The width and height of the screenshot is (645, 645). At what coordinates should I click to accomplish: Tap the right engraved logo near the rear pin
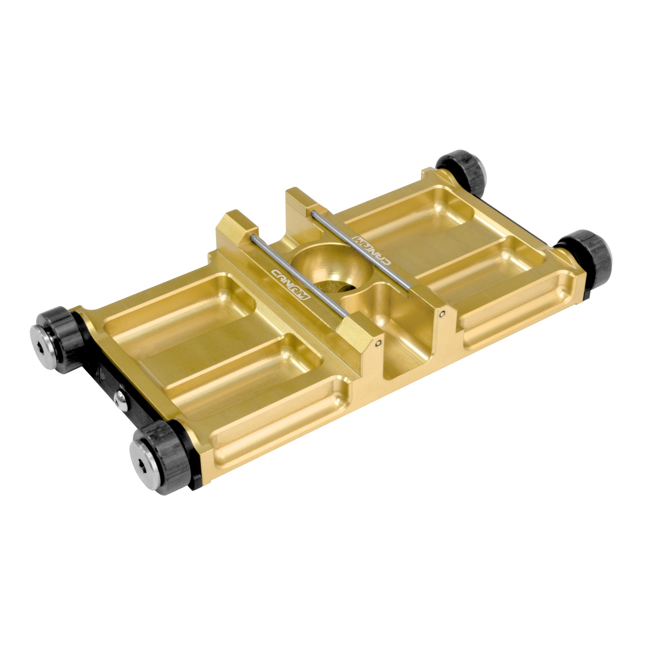[x=371, y=249]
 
